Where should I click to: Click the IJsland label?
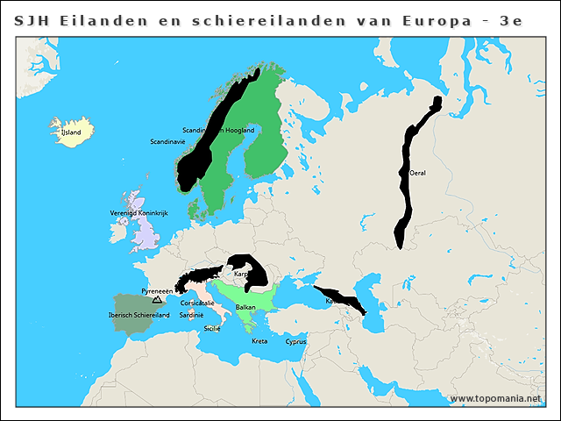[70, 132]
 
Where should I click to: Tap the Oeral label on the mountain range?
[418, 173]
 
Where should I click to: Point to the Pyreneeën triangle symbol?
[157, 299]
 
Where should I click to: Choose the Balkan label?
[245, 307]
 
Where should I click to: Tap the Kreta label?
[259, 340]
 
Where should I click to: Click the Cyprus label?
[295, 342]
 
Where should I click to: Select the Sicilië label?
[212, 328]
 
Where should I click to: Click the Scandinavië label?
[167, 141]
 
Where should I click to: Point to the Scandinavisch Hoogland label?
[218, 130]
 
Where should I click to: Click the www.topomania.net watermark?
[496, 398]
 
